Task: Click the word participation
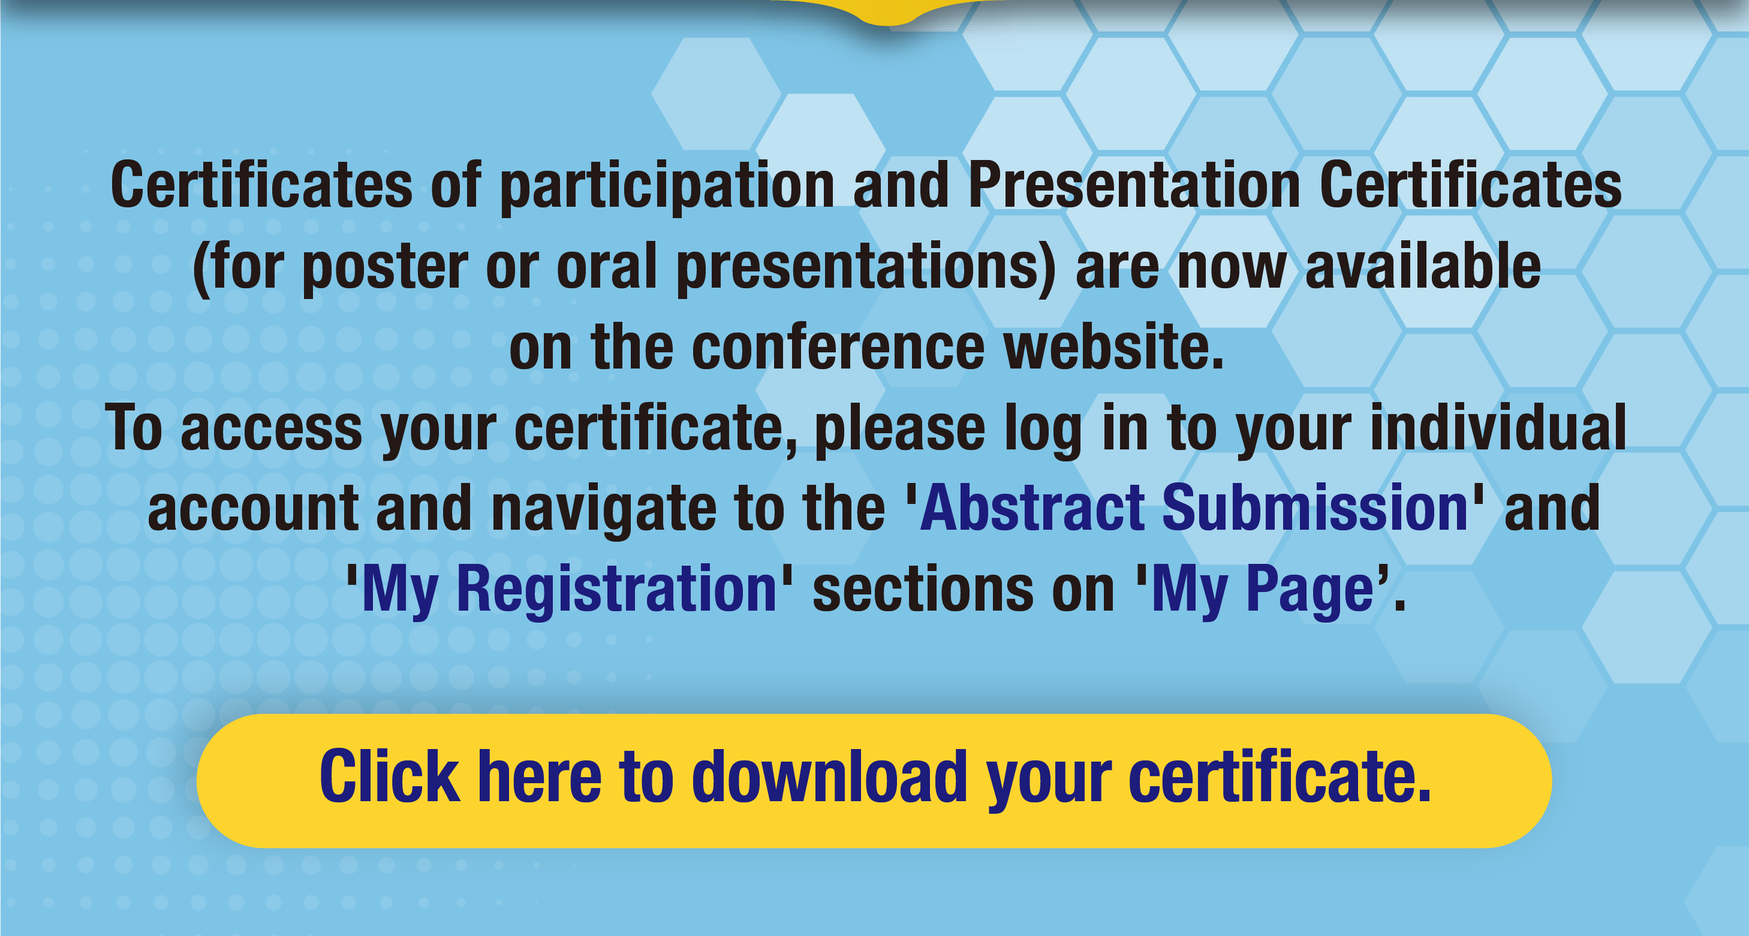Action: [667, 186]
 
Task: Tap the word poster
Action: [385, 267]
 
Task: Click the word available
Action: [1423, 265]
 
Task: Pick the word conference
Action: [838, 347]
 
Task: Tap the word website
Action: [1113, 347]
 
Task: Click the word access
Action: [271, 429]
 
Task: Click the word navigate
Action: [604, 511]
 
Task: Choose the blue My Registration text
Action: [569, 590]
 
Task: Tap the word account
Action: [252, 511]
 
